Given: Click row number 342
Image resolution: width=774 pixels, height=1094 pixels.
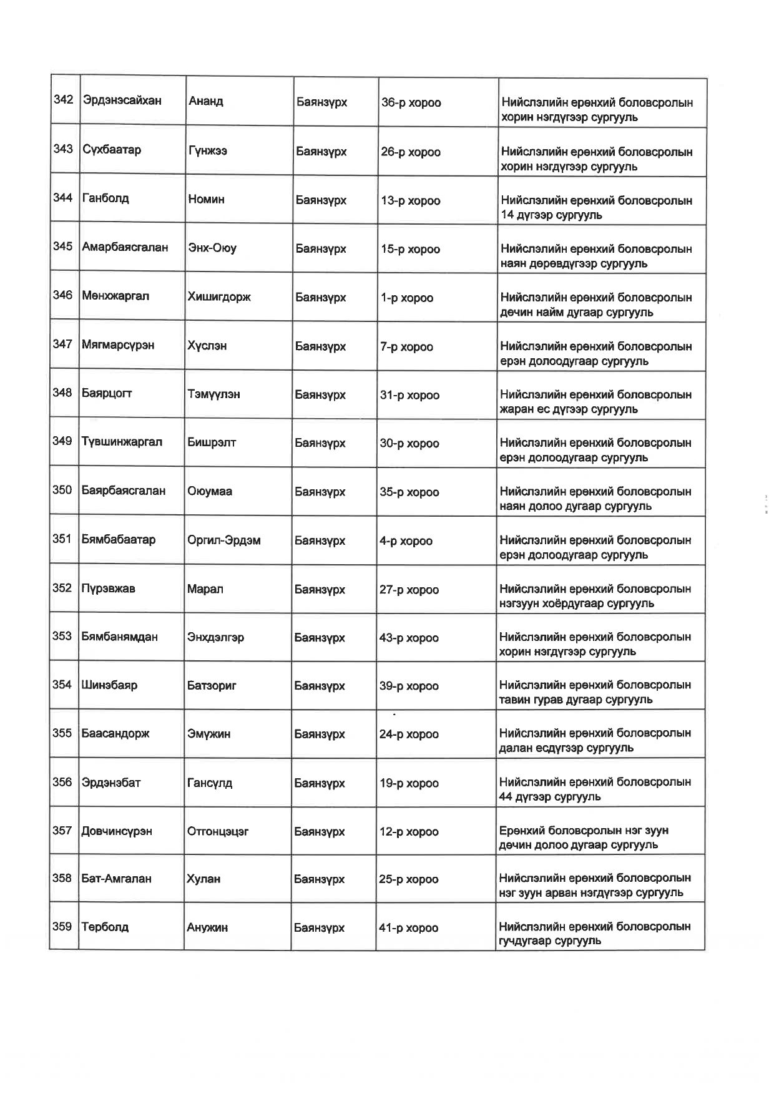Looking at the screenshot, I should [63, 100].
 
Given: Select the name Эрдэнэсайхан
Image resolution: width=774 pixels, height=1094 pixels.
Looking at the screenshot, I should [122, 100].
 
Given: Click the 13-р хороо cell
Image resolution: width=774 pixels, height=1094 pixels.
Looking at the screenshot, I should [410, 201].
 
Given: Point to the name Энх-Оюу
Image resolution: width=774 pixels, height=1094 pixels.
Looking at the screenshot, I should [212, 248].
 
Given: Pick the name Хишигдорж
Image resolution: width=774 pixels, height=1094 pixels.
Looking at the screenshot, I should [218, 297].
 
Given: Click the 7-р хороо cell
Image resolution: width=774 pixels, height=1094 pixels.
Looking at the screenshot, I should [406, 347].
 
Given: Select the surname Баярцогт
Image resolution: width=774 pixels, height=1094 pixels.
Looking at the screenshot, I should [107, 393].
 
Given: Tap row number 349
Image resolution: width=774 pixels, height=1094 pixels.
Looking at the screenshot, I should [62, 441].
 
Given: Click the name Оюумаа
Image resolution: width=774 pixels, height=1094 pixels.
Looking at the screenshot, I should [210, 492].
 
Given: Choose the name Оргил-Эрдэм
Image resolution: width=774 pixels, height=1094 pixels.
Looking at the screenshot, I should [223, 540].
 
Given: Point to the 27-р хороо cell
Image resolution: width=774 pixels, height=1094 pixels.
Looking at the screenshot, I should [409, 590].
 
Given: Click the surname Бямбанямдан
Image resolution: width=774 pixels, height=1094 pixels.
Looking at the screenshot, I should [119, 637].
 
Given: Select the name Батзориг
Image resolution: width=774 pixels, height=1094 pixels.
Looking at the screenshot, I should [212, 686].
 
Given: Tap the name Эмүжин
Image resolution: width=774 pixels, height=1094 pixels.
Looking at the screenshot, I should [208, 735].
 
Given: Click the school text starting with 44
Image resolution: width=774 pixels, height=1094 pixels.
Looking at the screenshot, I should [550, 797].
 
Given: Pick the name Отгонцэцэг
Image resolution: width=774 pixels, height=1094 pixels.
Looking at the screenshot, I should [218, 832].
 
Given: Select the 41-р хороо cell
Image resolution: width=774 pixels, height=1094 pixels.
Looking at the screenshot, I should [408, 928].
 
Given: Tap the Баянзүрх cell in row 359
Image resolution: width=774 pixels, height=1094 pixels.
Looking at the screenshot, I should [319, 928].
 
